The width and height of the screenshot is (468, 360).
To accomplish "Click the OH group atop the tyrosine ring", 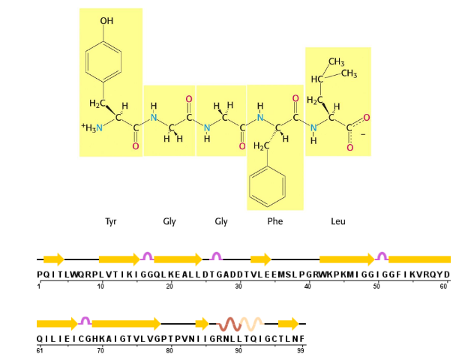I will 106,21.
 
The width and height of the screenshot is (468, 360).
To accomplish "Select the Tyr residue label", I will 111,222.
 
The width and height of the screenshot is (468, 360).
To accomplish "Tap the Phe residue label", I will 274,222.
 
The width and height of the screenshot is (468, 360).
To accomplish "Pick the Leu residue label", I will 337,222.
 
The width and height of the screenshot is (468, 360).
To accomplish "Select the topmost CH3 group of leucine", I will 336,61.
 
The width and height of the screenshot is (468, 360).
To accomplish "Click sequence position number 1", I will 38,286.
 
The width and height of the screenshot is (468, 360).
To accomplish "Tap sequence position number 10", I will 100,286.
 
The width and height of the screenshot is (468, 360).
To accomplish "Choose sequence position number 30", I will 238,286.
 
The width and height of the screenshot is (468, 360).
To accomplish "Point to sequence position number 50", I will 376,286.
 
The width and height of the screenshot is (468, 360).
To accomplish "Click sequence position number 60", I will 444,286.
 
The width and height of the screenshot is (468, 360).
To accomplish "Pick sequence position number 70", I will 100,350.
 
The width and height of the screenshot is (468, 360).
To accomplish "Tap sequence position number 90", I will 238,350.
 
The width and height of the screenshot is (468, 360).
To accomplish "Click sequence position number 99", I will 300,350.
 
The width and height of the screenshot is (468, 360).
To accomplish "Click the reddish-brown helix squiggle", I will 232,324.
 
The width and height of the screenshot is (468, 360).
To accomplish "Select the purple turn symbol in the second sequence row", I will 85,321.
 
